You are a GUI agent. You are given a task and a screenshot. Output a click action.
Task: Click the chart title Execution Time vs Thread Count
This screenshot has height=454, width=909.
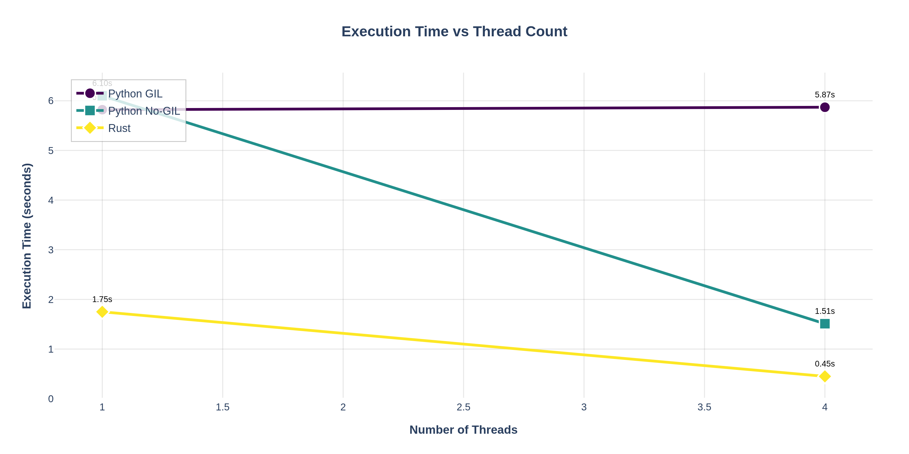click(454, 31)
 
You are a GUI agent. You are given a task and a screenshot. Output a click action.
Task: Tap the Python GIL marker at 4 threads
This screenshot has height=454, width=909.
click(825, 107)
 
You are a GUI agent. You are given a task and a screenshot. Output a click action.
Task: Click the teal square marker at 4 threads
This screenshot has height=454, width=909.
click(825, 324)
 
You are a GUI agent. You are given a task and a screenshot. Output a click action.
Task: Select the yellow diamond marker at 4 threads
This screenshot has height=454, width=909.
click(825, 376)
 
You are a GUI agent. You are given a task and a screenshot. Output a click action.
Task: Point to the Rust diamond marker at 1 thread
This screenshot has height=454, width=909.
click(102, 312)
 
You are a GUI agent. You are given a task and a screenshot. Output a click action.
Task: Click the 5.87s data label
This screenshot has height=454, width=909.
click(825, 95)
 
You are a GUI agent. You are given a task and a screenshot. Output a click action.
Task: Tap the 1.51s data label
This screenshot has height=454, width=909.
click(825, 311)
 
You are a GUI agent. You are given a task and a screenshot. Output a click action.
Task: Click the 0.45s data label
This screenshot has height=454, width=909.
click(825, 364)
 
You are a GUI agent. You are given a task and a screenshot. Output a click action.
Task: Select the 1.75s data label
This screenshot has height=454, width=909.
click(102, 299)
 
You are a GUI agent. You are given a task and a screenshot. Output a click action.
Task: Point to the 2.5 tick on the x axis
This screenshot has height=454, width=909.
click(463, 407)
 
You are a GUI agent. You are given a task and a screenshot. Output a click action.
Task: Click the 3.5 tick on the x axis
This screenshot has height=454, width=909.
click(704, 407)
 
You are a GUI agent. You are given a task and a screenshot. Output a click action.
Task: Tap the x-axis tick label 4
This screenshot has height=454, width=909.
click(825, 407)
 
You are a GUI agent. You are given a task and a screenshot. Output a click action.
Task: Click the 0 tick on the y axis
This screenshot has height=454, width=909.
click(51, 399)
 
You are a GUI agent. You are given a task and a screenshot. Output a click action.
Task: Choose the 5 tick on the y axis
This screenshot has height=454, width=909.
click(51, 150)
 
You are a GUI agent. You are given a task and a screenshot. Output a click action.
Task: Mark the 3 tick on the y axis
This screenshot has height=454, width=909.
click(51, 250)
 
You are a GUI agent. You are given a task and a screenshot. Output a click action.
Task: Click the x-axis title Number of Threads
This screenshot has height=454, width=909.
click(463, 430)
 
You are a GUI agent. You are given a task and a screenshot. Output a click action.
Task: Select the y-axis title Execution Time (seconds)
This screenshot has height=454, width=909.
click(27, 236)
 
